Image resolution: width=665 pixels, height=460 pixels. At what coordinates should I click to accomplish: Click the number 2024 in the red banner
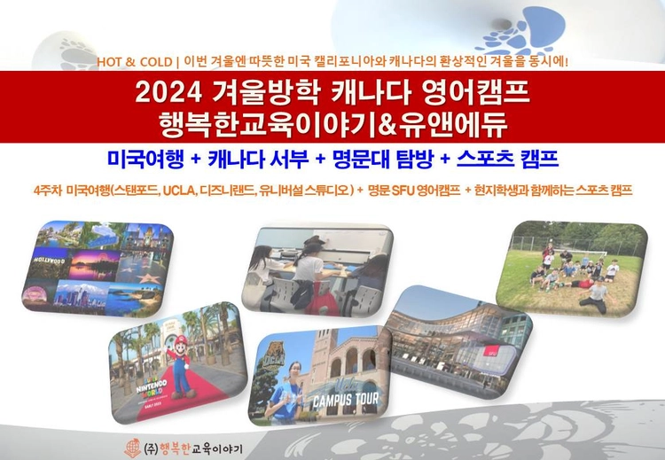click(x=168, y=92)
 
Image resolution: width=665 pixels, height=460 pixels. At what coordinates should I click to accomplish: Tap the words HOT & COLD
click(x=134, y=62)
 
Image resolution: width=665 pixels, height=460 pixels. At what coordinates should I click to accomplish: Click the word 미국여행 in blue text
click(x=145, y=159)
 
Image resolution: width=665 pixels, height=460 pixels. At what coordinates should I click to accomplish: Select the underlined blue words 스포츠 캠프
click(x=507, y=159)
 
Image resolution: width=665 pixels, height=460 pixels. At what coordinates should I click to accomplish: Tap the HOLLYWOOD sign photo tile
click(x=49, y=262)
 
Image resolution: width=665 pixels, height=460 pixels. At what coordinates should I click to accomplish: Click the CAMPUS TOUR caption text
click(x=345, y=400)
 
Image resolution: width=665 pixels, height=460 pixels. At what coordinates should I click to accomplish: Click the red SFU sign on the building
click(x=491, y=352)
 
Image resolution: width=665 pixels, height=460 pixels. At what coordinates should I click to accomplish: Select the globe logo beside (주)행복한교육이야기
click(x=132, y=448)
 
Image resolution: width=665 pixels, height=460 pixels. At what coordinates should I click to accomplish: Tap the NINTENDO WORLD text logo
click(x=152, y=386)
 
